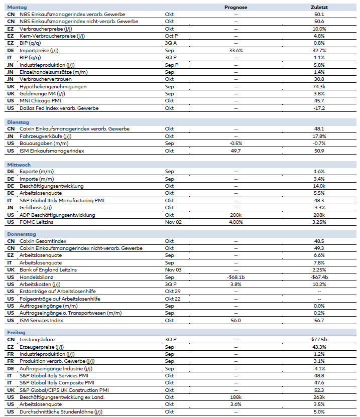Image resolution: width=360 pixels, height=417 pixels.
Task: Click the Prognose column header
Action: (x=236, y=8)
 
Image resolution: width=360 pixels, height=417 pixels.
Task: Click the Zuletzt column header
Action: (x=319, y=8)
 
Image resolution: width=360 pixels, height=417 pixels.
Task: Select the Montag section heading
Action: (x=18, y=8)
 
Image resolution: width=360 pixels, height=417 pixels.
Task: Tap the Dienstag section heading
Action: (x=19, y=122)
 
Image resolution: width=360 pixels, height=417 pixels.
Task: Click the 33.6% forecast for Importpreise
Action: (x=236, y=51)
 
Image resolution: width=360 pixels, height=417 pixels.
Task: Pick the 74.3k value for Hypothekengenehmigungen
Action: (x=319, y=86)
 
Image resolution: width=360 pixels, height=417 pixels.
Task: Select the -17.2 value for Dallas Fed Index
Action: (x=319, y=108)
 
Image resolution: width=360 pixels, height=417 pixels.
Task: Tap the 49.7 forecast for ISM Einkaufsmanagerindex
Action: (x=236, y=151)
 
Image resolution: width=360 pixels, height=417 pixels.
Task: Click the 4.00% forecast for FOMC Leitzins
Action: (x=236, y=222)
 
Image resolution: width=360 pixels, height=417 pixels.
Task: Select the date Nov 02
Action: (x=172, y=222)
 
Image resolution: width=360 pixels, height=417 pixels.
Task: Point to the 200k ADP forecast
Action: (x=236, y=215)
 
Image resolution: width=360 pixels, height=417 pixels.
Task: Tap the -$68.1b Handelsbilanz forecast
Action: (x=236, y=277)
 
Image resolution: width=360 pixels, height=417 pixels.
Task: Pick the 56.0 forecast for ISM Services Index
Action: (x=236, y=320)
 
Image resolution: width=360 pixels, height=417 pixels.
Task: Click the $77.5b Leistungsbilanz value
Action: (x=319, y=340)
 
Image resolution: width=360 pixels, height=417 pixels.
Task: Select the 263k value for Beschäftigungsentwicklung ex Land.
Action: (x=319, y=397)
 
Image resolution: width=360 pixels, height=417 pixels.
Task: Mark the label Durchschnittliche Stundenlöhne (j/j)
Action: (x=59, y=411)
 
